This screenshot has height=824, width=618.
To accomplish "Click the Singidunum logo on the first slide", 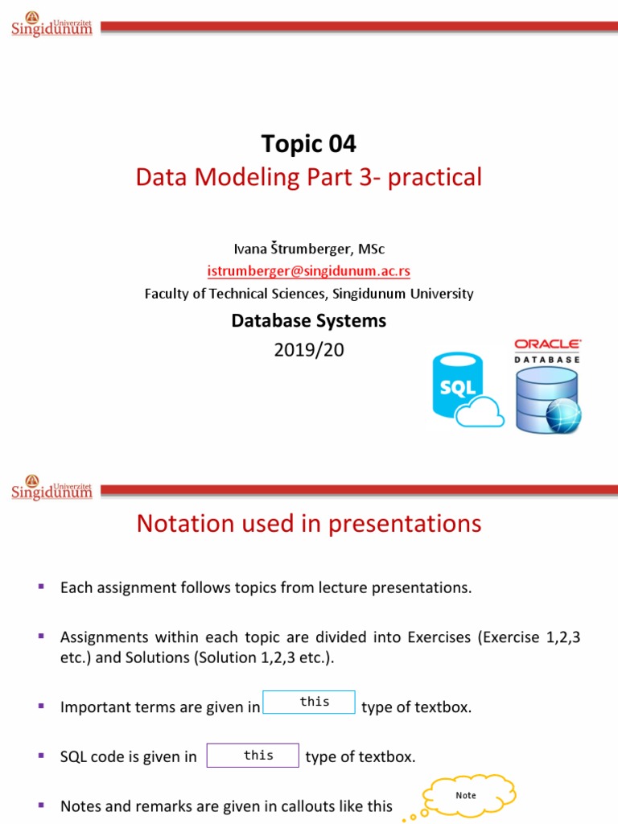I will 51,24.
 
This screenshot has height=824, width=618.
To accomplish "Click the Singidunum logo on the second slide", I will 51,487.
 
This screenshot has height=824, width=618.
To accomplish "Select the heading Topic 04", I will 308,144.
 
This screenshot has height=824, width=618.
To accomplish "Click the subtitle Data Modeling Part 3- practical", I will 308,177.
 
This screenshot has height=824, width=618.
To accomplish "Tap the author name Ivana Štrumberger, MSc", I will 308,249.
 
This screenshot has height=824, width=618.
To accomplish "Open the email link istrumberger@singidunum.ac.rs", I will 308,271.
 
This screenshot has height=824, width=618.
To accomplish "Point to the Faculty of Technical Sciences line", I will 308,294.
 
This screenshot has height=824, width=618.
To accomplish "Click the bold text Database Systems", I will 308,320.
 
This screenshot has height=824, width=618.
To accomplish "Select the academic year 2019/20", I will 308,350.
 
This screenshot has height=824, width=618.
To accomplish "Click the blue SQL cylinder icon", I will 456,385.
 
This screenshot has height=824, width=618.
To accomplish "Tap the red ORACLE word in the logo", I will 547,344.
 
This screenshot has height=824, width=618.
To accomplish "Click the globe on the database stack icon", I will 561,413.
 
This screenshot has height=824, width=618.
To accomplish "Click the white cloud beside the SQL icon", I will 480,414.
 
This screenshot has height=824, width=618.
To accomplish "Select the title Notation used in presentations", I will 308,524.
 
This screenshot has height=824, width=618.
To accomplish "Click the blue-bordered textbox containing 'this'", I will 309,702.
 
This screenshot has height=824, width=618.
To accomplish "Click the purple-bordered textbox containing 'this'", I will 253,756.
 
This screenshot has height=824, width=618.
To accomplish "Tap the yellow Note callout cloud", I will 465,795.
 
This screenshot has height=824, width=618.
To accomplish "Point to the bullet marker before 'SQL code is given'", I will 40,755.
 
